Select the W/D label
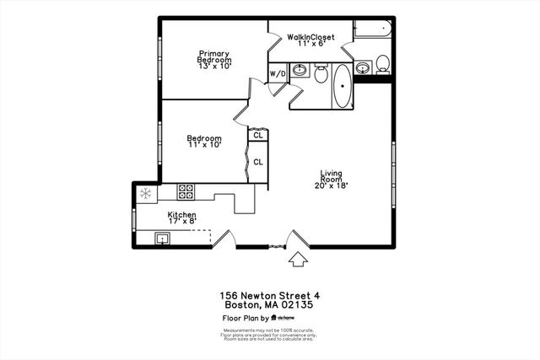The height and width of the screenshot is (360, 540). point(278,74)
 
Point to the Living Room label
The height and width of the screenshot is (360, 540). point(331,178)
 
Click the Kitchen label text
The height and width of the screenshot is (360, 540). point(181,215)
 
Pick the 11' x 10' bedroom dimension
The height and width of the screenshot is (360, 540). point(203,145)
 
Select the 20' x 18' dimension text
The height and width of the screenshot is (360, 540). point(331,185)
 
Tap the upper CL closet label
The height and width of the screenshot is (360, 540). point(257,135)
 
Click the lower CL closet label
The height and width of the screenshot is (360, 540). point(257,161)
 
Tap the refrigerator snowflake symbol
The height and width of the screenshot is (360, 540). point(145,194)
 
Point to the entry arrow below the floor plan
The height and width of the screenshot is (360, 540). point(296,259)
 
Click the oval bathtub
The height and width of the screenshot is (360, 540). point(343,88)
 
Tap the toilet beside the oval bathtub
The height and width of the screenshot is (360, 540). point(321,74)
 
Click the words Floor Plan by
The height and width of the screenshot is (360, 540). point(245,319)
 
